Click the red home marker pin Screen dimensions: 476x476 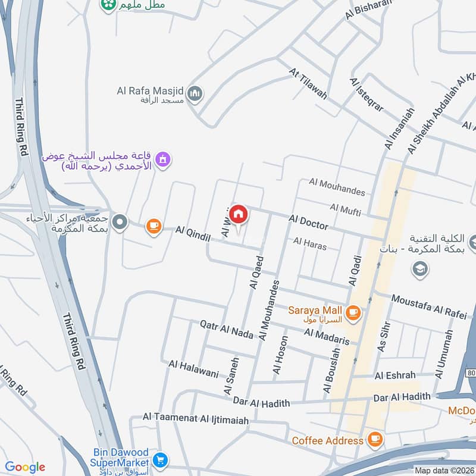point(239,214)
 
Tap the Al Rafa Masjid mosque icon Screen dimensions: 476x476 point(195,93)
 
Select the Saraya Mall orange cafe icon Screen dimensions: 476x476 point(353,312)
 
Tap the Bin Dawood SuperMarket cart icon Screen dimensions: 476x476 point(159,460)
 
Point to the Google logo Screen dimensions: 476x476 point(25,467)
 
